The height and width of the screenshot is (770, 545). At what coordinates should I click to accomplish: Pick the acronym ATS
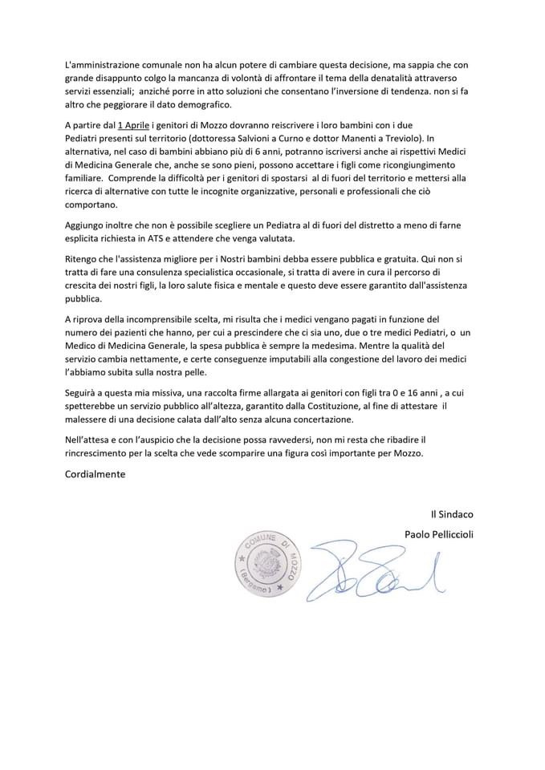pos(200,239)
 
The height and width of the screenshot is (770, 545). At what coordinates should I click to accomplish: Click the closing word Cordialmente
pos(95,474)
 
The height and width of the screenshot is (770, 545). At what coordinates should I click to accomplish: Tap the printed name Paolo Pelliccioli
pos(439,534)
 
